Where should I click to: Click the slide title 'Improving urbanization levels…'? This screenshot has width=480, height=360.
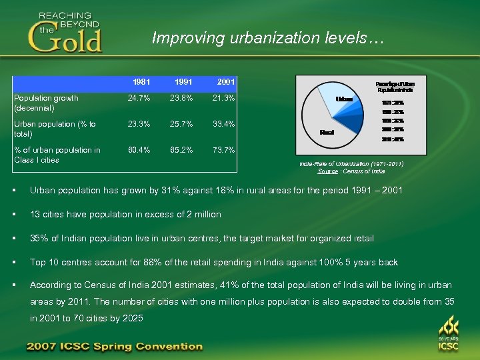267,37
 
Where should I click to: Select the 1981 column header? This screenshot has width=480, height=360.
141,83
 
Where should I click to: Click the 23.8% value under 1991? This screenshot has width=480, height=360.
181,99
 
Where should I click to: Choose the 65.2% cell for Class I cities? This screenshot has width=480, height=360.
181,150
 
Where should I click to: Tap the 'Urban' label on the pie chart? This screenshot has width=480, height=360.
345,99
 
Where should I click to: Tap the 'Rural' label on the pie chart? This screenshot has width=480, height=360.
327,132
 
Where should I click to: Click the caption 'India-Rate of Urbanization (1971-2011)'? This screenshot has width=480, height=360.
351,163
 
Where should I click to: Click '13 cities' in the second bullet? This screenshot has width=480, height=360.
47,214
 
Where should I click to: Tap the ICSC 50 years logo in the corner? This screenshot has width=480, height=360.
448,334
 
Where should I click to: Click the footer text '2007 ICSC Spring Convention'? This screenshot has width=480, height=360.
114,346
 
